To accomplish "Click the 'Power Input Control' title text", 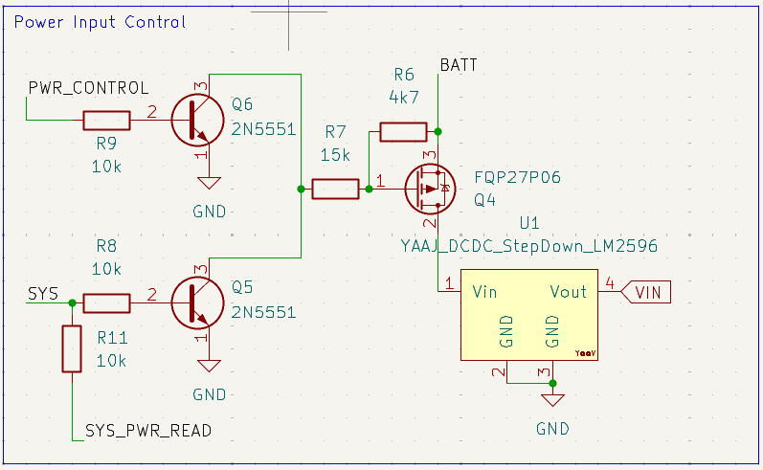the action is click(100, 22).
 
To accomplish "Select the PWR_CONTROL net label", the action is click(89, 88).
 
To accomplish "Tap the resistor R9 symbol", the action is click(106, 121).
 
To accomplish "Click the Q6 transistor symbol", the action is click(197, 121).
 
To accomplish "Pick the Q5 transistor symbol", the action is click(197, 302).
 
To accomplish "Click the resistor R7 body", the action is click(335, 189).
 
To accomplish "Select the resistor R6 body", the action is click(403, 132).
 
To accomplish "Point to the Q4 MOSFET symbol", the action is click(430, 189).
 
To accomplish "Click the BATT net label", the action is click(459, 65).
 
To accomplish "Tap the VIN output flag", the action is click(646, 292).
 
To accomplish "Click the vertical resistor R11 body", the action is click(72, 349).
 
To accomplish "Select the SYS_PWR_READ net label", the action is click(148, 431).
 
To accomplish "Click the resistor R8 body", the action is click(106, 302).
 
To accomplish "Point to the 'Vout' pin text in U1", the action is click(568, 292).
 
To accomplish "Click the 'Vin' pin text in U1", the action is click(484, 292).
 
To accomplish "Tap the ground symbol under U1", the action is click(552, 400).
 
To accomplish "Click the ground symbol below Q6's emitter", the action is click(210, 183).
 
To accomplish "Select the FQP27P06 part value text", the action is click(517, 177).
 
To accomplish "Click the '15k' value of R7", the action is click(335, 155).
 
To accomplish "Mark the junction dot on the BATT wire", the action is click(438, 131).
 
